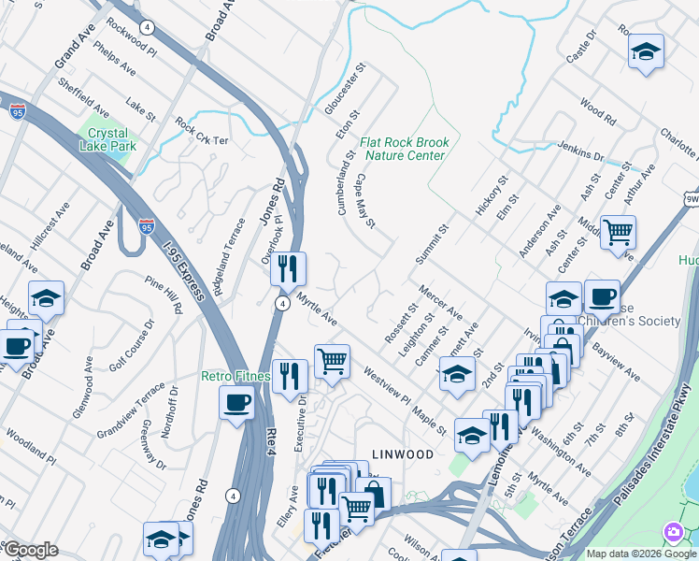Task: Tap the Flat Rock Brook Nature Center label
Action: (405, 149)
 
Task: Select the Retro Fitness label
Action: (236, 377)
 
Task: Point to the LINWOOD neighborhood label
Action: (403, 454)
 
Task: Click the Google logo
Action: (30, 550)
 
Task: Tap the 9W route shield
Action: (691, 199)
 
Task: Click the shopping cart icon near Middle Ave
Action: (618, 230)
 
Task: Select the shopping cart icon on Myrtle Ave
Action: (332, 360)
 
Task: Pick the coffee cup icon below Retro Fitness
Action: (236, 402)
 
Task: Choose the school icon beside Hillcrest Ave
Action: (46, 296)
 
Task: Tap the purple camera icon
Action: (672, 532)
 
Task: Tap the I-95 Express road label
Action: (183, 271)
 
